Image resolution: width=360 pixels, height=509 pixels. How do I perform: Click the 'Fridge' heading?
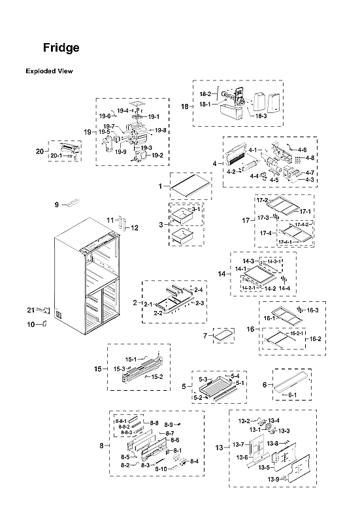(x=61, y=48)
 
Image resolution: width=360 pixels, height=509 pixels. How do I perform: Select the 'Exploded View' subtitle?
(x=49, y=71)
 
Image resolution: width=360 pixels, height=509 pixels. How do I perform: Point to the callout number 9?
(x=57, y=205)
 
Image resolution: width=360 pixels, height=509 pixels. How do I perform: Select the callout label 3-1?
(x=196, y=208)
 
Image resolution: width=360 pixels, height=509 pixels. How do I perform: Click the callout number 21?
(x=30, y=310)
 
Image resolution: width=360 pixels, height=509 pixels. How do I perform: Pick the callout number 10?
(x=30, y=324)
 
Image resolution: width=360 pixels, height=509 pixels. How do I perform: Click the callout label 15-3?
(x=118, y=369)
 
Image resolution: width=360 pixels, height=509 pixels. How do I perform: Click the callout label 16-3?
(x=312, y=310)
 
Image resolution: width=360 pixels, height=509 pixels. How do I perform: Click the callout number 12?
(x=134, y=228)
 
